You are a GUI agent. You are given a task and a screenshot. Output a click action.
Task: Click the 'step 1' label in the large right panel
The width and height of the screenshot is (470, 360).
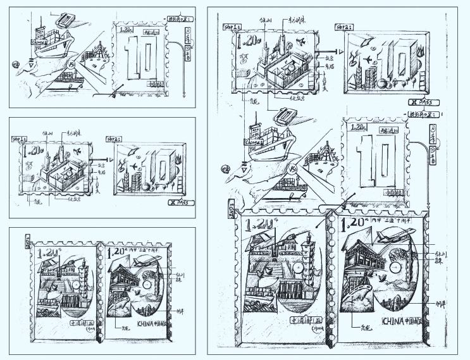(x=232, y=28)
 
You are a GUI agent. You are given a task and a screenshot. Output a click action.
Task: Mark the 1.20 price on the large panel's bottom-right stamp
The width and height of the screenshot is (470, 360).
(x=352, y=223)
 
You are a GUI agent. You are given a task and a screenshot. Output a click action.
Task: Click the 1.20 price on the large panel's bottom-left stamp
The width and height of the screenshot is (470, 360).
(x=257, y=225)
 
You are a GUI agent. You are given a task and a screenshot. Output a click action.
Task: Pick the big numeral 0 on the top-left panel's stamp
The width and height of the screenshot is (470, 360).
(x=144, y=60)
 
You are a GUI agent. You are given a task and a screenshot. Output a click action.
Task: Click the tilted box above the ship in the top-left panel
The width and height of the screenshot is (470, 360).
(x=64, y=20)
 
